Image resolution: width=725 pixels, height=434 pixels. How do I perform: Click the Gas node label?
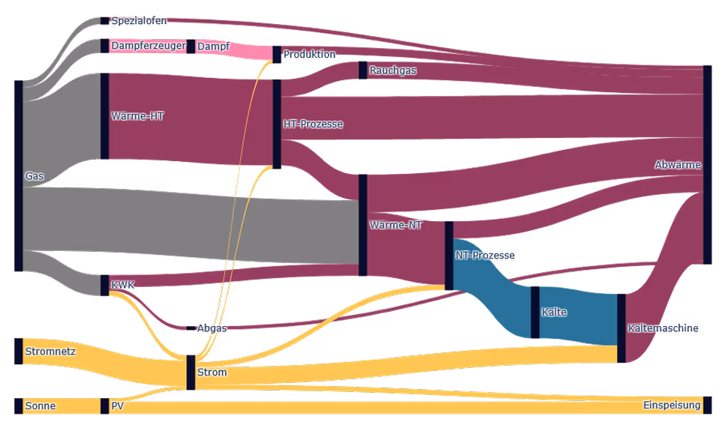tap(35, 177)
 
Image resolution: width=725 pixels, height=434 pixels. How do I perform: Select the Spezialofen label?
tap(139, 21)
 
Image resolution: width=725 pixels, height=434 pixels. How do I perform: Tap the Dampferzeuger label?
tap(148, 46)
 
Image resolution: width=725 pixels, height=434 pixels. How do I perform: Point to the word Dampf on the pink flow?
tap(213, 46)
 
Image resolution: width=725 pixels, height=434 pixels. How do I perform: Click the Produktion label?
tap(309, 55)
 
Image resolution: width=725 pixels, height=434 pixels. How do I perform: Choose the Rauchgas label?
tap(393, 70)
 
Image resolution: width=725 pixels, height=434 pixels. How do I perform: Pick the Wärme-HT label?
tap(137, 116)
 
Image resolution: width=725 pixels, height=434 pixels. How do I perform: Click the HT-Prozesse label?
tap(313, 124)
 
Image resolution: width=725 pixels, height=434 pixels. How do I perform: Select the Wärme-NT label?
tap(396, 225)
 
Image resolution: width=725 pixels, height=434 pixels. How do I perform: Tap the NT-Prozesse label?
tap(485, 256)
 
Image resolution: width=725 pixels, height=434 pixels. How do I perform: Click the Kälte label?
tap(554, 312)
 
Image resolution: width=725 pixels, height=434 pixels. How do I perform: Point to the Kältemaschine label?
tap(663, 328)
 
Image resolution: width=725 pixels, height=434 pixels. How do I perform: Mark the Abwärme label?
tap(678, 165)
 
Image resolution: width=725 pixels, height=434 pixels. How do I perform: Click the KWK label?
tap(123, 285)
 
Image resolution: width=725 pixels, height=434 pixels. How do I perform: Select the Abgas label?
tap(212, 328)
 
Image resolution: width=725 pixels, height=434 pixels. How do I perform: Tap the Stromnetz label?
tap(50, 351)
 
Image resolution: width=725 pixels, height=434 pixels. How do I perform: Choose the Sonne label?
tap(41, 406)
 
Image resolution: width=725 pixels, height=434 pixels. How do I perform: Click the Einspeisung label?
tap(672, 406)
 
